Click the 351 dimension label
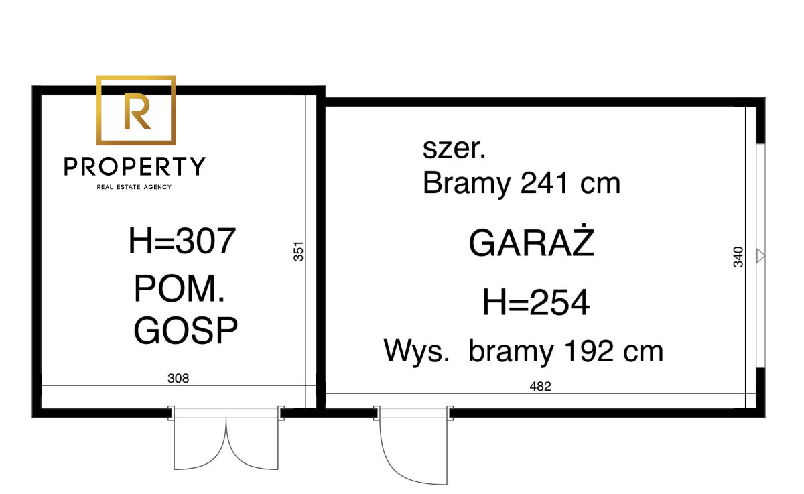(298, 251)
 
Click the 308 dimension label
(178, 378)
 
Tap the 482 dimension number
(540, 386)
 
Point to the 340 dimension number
(738, 257)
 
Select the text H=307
(182, 241)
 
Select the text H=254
(536, 302)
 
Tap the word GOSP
(186, 330)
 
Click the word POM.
(180, 289)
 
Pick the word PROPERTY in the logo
(135, 166)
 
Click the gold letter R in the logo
(137, 111)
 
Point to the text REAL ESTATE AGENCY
(134, 187)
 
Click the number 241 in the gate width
(545, 183)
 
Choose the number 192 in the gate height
(589, 351)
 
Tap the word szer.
(454, 149)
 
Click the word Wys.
(416, 351)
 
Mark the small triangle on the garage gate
(760, 256)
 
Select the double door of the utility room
(226, 439)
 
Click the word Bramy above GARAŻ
(466, 184)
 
